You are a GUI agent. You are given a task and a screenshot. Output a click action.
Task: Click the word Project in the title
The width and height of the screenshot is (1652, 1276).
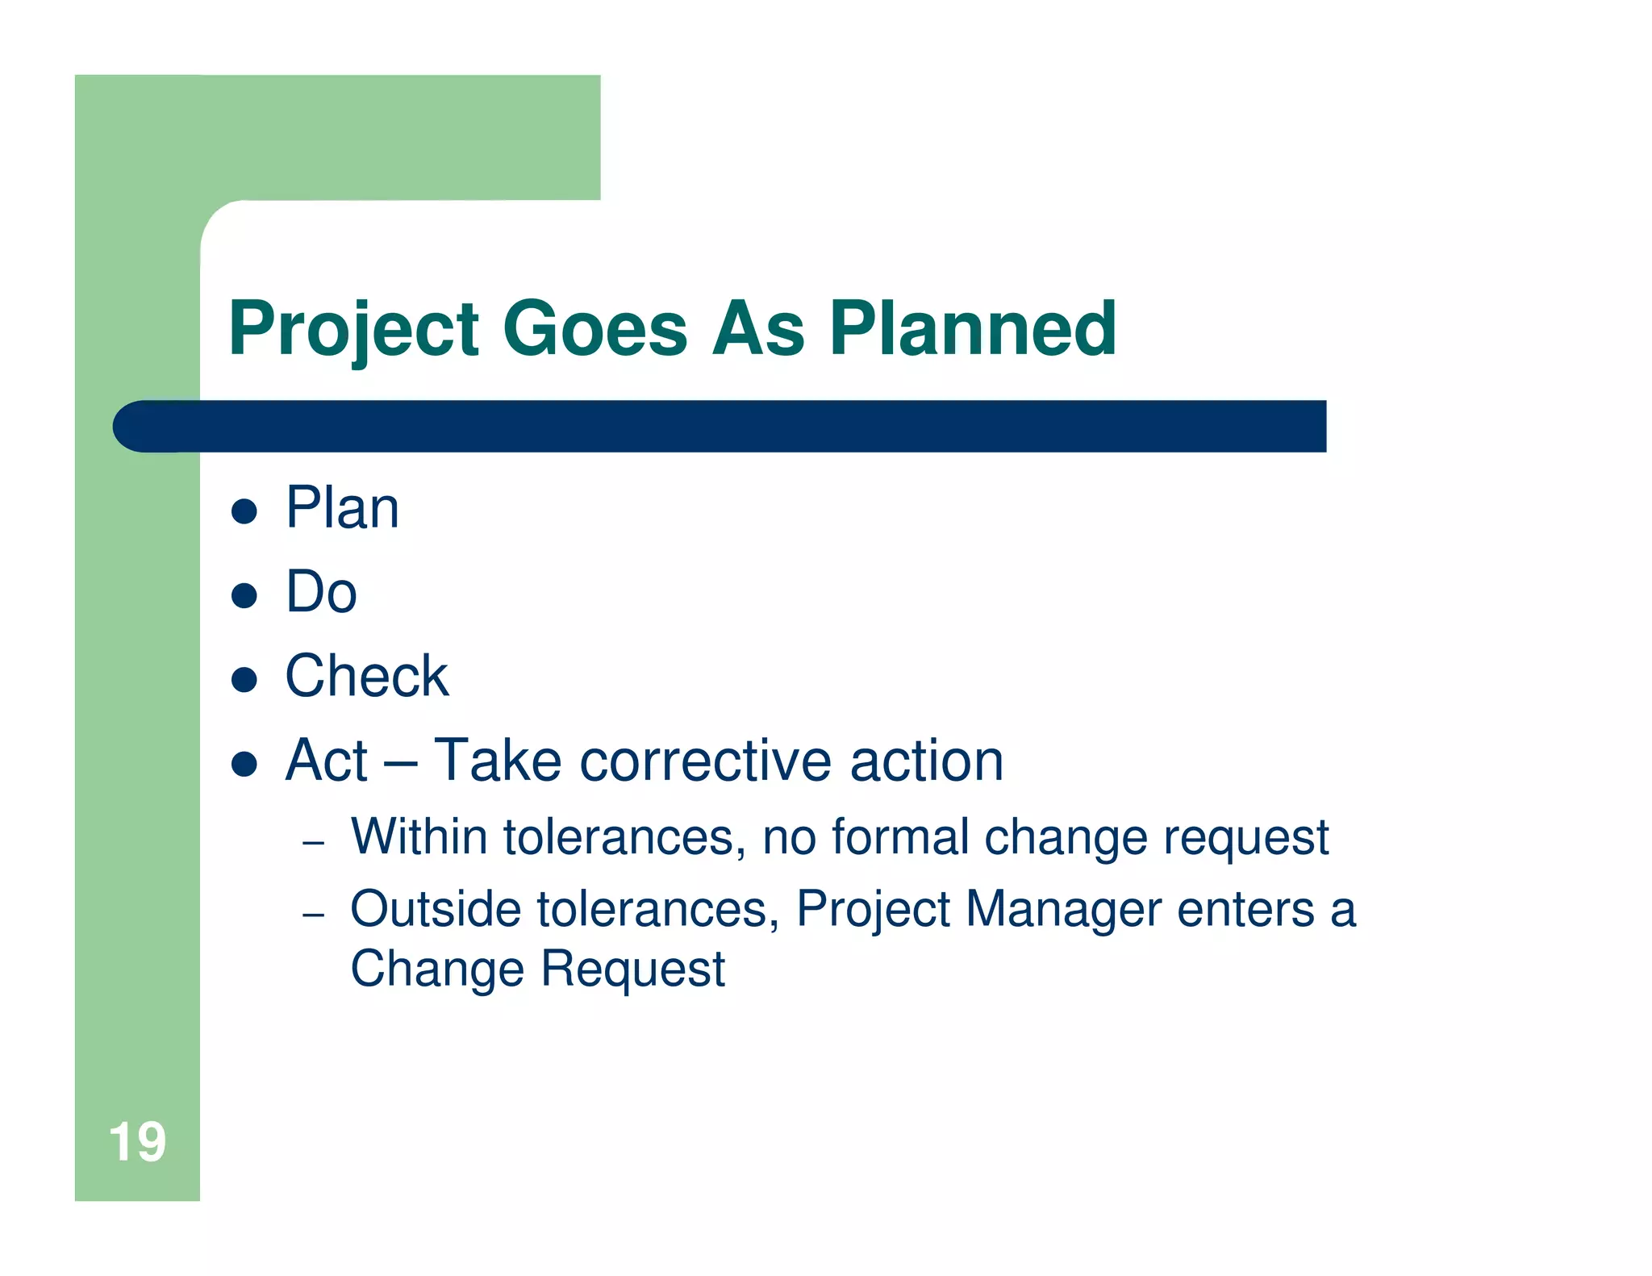coord(353,329)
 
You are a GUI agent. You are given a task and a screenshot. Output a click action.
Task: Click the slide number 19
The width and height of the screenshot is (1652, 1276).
coord(137,1142)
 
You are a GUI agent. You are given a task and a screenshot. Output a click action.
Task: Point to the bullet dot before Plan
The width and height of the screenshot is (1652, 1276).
coord(244,511)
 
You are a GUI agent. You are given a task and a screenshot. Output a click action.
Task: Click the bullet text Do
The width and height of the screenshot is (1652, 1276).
coord(321,592)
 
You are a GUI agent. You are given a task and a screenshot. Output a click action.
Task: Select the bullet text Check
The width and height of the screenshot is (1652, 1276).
coord(366,676)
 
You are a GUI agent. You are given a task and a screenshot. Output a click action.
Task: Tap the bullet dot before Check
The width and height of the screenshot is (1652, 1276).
coord(244,680)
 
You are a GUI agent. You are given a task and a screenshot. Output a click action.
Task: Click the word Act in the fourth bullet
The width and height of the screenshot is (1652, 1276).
coord(326,761)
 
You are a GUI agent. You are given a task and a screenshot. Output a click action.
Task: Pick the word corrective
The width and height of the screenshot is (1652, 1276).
coord(705,761)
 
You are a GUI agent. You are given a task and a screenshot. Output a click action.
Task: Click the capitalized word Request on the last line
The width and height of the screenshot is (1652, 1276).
coord(632,968)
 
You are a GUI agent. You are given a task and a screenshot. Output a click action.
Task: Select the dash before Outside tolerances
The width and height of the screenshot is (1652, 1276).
coord(313,915)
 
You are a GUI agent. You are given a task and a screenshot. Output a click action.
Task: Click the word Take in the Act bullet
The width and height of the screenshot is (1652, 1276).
coord(497,761)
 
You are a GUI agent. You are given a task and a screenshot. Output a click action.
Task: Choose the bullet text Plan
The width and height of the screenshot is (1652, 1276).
coord(342,508)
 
